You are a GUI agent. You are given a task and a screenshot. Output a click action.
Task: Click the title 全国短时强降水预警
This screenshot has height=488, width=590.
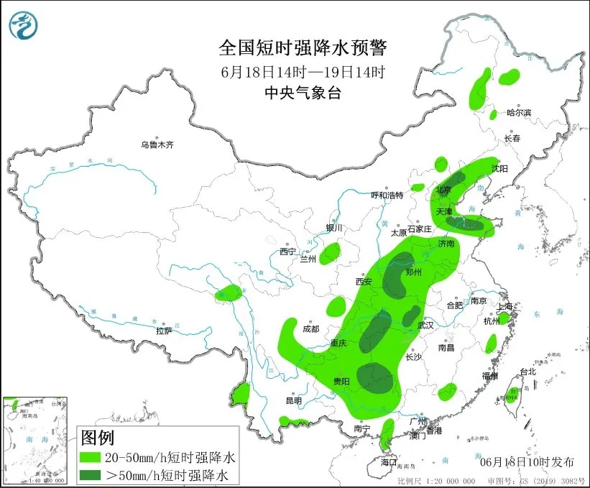tap(303, 48)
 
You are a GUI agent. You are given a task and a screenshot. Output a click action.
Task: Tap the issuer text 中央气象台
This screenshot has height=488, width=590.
tap(302, 92)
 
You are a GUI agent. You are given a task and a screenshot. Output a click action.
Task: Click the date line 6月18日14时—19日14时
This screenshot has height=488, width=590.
tap(303, 71)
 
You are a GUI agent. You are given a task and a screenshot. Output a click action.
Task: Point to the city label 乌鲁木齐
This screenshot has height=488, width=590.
tap(157, 144)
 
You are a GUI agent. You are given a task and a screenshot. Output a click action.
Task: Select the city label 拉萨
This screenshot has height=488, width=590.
tap(164, 331)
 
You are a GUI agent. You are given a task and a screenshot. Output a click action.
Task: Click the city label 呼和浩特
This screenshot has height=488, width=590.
tap(387, 195)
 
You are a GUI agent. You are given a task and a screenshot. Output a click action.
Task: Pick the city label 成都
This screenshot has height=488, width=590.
tap(310, 329)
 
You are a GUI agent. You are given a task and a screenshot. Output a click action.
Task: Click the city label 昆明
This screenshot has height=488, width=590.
tap(294, 400)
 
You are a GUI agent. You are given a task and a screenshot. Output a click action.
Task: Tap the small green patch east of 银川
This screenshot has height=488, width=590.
tap(330, 253)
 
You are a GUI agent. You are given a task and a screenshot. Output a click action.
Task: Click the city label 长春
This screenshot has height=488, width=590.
tap(512, 138)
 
